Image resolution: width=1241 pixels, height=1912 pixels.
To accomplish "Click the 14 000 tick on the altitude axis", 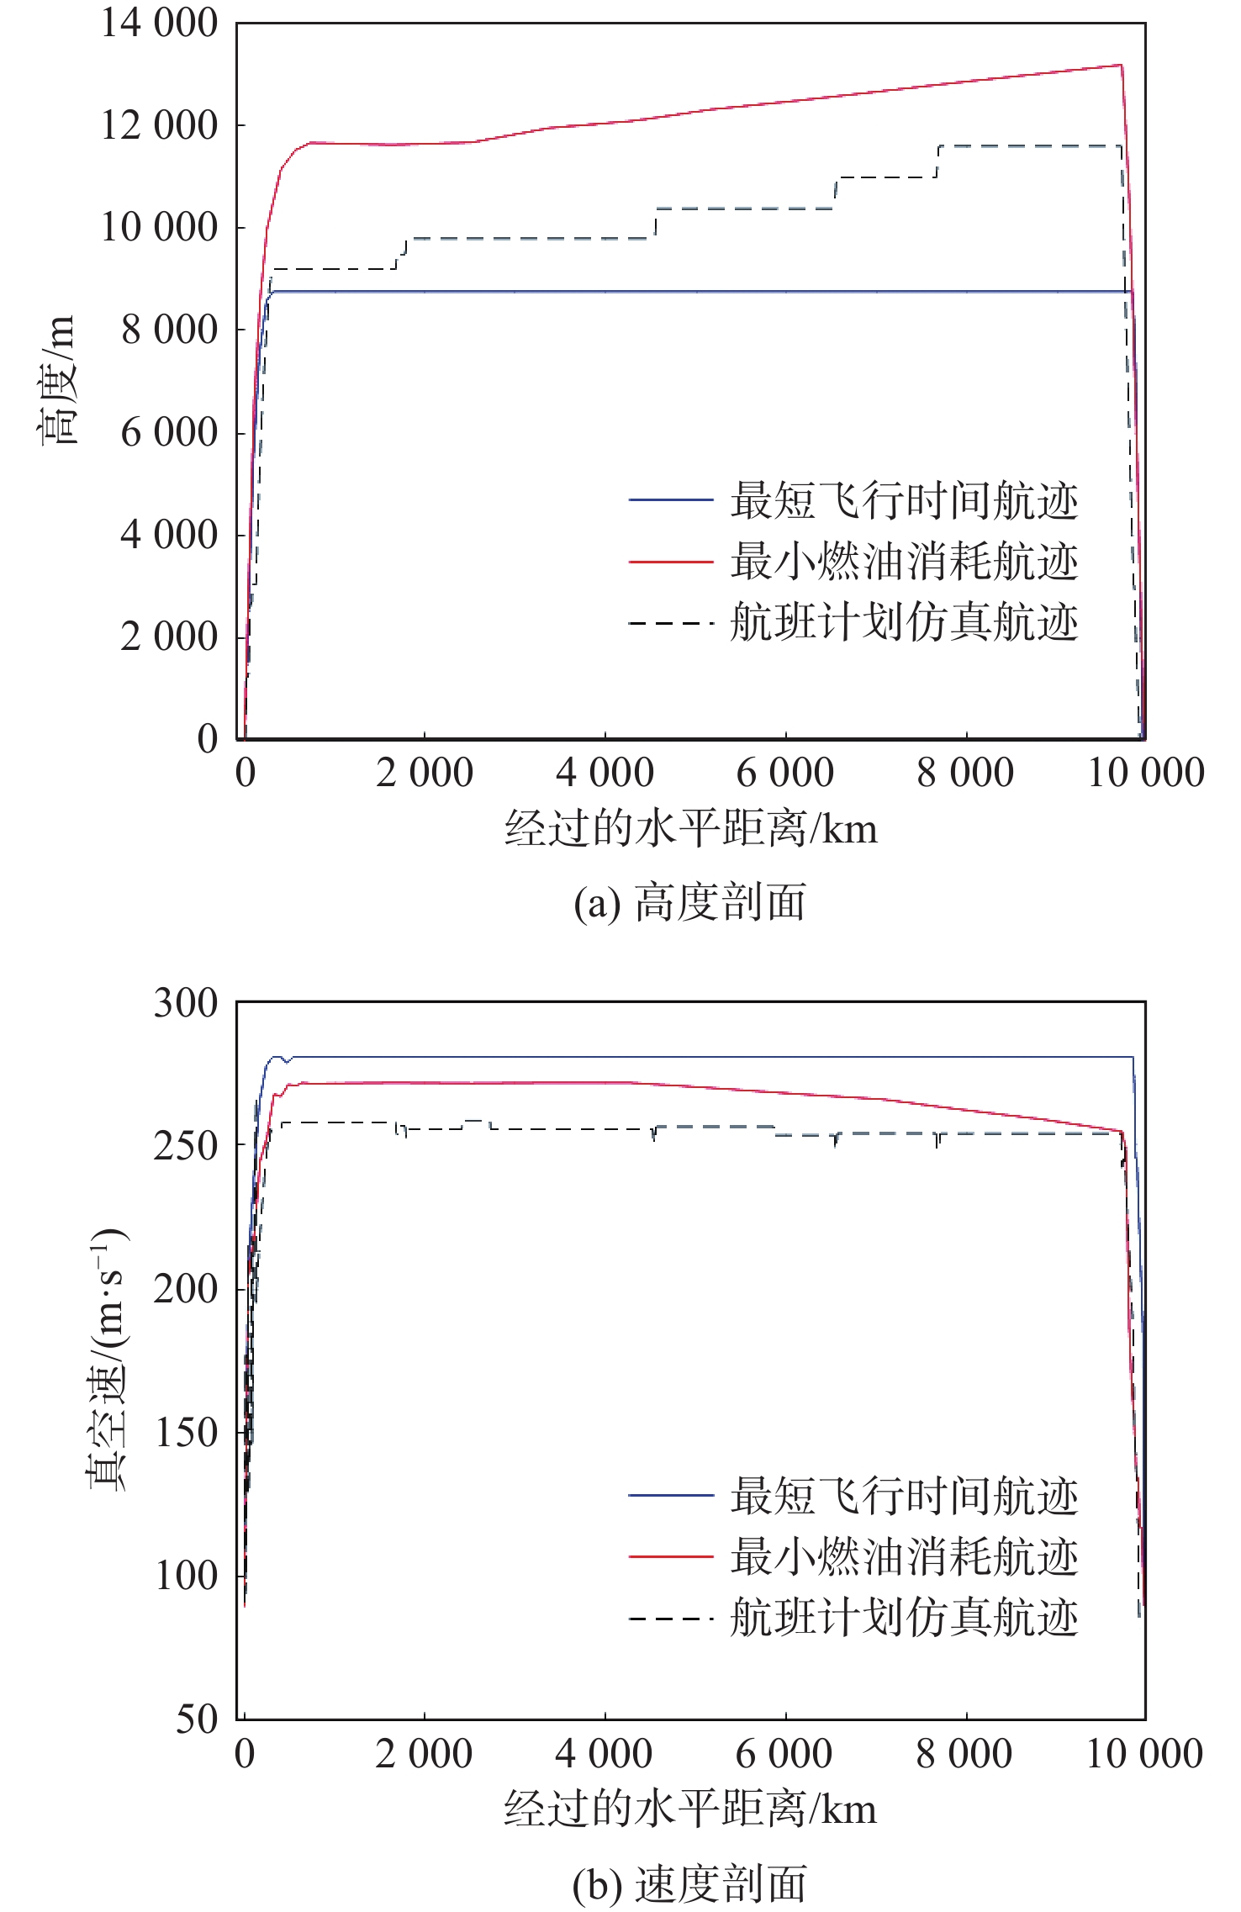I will (159, 23).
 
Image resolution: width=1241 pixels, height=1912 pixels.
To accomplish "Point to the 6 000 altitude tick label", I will (169, 433).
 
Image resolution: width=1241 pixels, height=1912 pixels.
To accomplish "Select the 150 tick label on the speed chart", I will (185, 1432).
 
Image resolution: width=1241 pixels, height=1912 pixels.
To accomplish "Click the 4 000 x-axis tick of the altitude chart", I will (605, 773).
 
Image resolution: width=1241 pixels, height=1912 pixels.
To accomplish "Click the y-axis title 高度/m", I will (57, 380).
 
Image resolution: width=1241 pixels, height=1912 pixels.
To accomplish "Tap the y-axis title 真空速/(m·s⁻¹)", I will (108, 1359).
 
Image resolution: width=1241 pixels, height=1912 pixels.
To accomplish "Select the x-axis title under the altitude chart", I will (690, 829).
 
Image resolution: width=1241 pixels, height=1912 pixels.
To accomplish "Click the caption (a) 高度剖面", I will (689, 903).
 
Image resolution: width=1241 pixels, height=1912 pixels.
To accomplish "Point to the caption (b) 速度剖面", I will (689, 1883).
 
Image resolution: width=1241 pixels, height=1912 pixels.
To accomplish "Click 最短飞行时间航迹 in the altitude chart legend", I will (904, 501).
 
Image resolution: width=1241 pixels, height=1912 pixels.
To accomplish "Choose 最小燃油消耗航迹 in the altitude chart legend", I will (904, 562).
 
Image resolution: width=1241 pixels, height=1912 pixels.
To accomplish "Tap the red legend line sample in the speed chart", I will (671, 1556).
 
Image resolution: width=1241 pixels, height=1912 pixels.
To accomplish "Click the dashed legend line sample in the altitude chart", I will (671, 623).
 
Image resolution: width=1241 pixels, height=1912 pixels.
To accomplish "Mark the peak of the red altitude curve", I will (1121, 65).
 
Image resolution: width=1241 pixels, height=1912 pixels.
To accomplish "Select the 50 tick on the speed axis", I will (196, 1719).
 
